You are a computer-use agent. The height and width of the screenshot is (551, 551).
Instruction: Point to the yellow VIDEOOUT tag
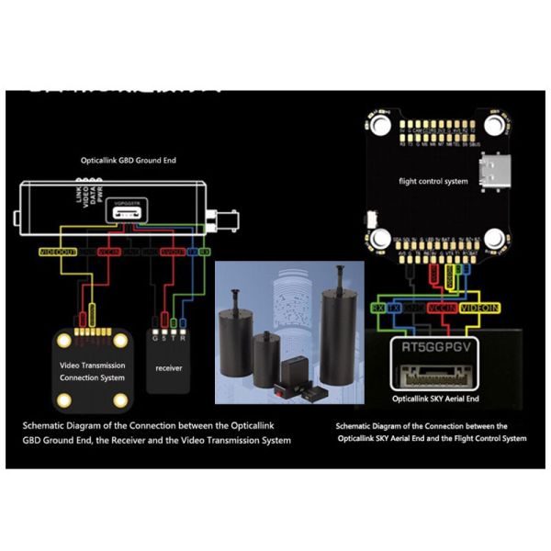pyautogui.click(x=58, y=251)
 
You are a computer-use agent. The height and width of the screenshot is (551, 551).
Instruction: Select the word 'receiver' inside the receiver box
pyautogui.click(x=168, y=367)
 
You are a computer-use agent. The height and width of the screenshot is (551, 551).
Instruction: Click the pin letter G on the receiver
pyautogui.click(x=152, y=337)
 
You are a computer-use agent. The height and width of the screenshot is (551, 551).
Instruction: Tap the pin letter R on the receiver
pyautogui.click(x=184, y=337)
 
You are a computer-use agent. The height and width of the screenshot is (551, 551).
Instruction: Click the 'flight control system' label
pyautogui.click(x=433, y=181)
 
